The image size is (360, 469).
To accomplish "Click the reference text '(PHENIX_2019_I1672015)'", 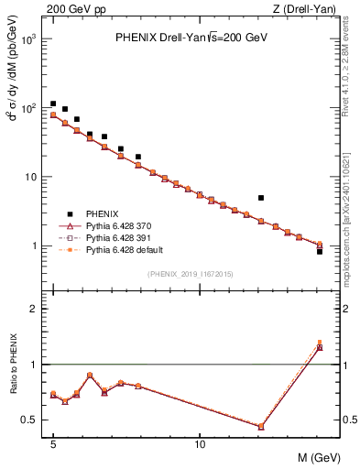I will coord(191,274).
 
